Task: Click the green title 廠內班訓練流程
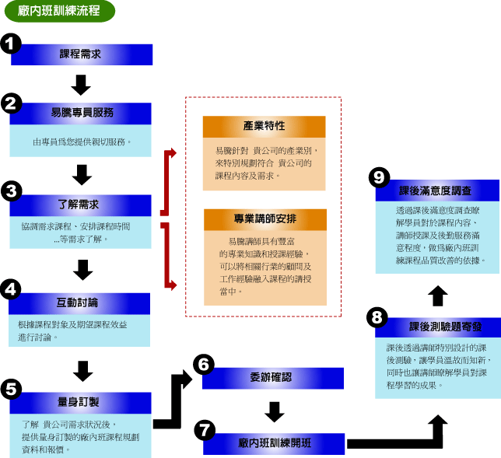pyautogui.click(x=60, y=12)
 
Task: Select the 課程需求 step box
pyautogui.click(x=81, y=54)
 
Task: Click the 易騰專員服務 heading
pyautogui.click(x=81, y=114)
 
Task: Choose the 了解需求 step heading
pyautogui.click(x=81, y=205)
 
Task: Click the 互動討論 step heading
pyautogui.click(x=81, y=302)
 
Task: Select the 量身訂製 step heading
pyautogui.click(x=81, y=402)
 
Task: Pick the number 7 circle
pyautogui.click(x=204, y=429)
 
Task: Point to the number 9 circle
pyautogui.click(x=379, y=177)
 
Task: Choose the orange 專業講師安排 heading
pyautogui.click(x=264, y=219)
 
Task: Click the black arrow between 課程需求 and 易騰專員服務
pyautogui.click(x=81, y=83)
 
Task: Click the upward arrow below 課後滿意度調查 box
pyautogui.click(x=438, y=294)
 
